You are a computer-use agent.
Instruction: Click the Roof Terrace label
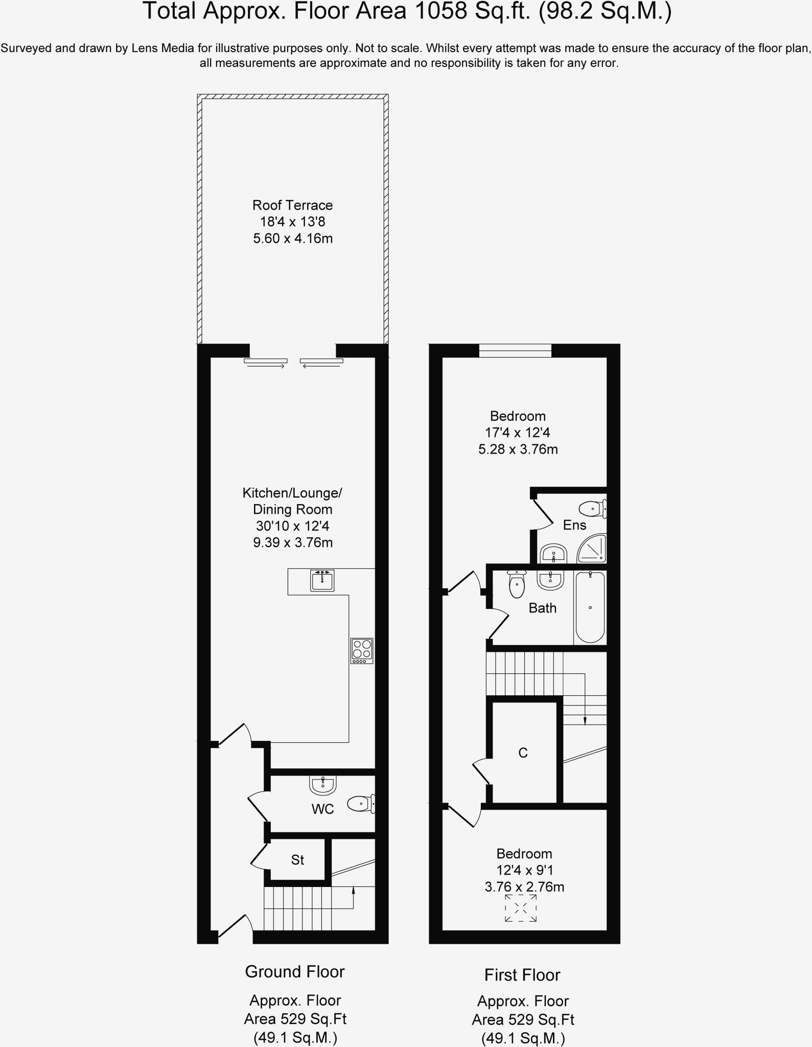(x=292, y=206)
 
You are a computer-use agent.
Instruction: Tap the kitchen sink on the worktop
(x=322, y=581)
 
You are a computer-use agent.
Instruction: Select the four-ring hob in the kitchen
(x=362, y=650)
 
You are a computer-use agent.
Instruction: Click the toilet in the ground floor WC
(x=361, y=804)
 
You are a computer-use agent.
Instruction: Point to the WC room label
(x=322, y=809)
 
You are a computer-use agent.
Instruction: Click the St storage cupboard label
(x=297, y=860)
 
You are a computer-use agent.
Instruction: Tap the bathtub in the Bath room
(x=590, y=607)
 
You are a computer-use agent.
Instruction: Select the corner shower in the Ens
(x=593, y=549)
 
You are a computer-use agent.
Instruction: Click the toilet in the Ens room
(x=592, y=509)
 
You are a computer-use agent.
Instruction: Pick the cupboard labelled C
(x=523, y=753)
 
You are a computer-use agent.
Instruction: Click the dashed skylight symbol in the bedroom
(x=521, y=908)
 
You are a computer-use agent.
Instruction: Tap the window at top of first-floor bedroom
(x=515, y=351)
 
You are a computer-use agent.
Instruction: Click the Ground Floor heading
(x=295, y=971)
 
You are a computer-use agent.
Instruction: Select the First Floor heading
(x=522, y=975)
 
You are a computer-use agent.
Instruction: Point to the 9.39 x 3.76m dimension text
(x=293, y=542)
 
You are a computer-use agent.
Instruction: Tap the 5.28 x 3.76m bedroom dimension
(x=518, y=449)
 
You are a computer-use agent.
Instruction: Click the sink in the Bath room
(x=550, y=580)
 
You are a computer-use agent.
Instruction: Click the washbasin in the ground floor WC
(x=323, y=785)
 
